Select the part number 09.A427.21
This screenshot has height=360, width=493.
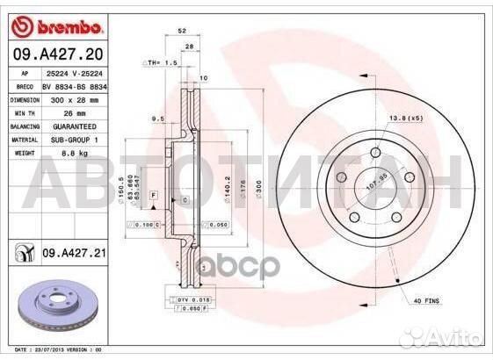pyautogui.click(x=74, y=254)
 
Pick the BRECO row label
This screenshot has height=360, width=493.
pyautogui.click(x=25, y=87)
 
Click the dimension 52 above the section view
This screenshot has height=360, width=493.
pyautogui.click(x=182, y=31)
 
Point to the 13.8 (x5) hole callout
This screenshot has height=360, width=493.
pyautogui.click(x=404, y=118)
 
